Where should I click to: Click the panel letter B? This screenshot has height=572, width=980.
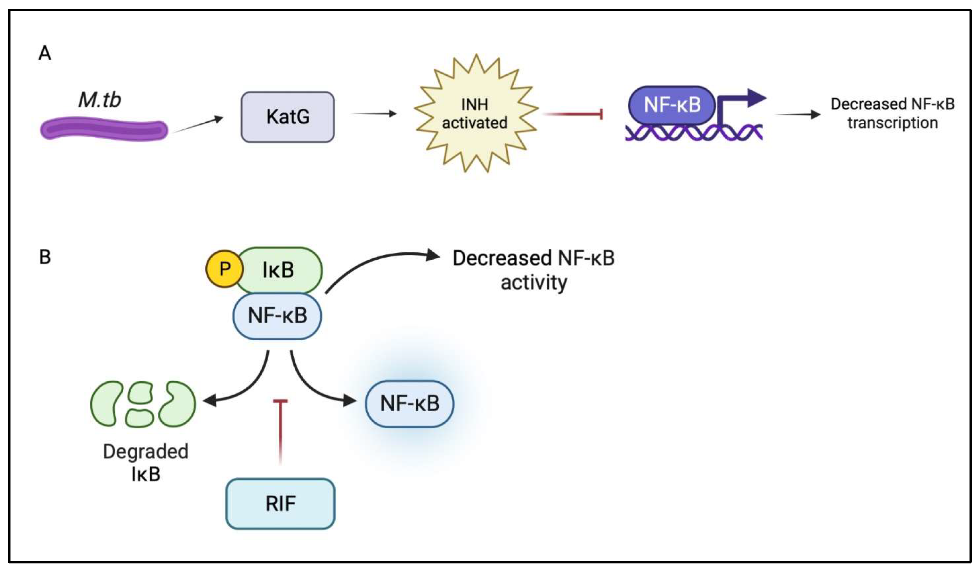pos(45,257)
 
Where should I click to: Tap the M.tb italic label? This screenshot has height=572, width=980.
pos(99,100)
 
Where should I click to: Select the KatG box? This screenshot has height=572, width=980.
pos(287,117)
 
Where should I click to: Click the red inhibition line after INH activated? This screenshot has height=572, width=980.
pos(572,114)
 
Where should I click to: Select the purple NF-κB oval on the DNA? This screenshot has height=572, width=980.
pos(672,105)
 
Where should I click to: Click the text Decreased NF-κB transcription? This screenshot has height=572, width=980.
pos(892,113)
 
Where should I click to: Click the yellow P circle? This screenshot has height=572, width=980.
pos(224,269)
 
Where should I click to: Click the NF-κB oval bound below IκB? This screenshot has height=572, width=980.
pos(277,316)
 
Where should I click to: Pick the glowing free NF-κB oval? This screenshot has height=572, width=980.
pos(409,404)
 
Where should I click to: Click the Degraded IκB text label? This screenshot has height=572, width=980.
pos(146,462)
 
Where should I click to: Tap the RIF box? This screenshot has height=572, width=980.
pos(280,504)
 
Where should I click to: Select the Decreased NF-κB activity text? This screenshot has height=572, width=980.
pos(534,270)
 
